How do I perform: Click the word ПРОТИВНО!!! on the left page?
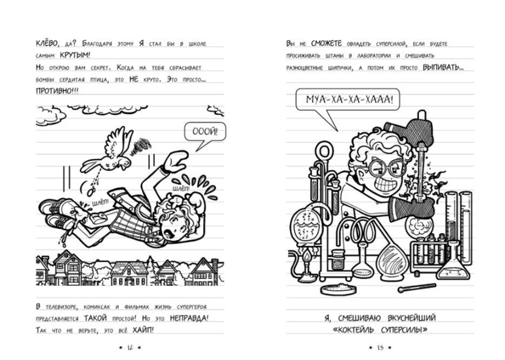pyautogui.click(x=57, y=90)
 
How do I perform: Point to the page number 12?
pyautogui.click(x=130, y=348)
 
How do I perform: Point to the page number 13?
pyautogui.click(x=380, y=348)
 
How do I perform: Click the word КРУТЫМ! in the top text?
pyautogui.click(x=75, y=55)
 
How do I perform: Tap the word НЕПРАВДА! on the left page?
pyautogui.click(x=189, y=318)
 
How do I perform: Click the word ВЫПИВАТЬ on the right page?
pyautogui.click(x=443, y=68)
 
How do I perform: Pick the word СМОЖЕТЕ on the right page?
pyautogui.click(x=326, y=43)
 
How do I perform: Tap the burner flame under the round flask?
pyautogui.click(x=307, y=257)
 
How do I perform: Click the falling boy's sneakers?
pyautogui.click(x=60, y=212)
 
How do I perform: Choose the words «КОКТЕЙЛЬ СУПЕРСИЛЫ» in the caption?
pyautogui.click(x=380, y=330)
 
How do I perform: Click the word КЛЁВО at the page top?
pyautogui.click(x=47, y=43)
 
